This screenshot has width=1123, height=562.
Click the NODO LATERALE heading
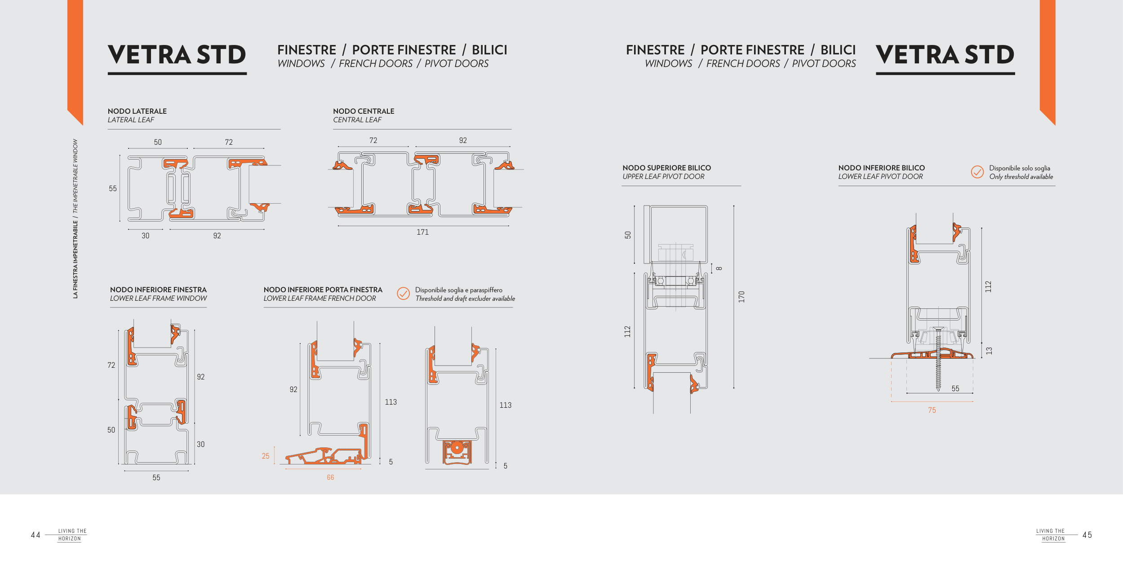[x=137, y=111]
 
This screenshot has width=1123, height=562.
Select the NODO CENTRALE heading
[x=364, y=111]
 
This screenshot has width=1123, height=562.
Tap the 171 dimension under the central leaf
[x=422, y=232]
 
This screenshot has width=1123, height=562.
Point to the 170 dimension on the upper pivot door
[x=741, y=297]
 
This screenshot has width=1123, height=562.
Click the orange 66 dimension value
[x=330, y=477]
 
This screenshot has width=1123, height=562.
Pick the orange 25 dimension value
[x=266, y=456]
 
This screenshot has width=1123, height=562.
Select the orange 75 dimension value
[x=932, y=410]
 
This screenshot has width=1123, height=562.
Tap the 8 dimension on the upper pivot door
[x=719, y=268]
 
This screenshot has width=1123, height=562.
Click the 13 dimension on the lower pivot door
[x=989, y=351]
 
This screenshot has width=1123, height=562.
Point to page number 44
[x=36, y=535]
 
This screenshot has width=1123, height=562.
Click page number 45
[x=1087, y=535]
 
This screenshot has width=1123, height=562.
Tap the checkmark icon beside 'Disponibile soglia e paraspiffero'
[x=403, y=294]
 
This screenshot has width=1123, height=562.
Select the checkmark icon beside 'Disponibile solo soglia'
[x=977, y=172]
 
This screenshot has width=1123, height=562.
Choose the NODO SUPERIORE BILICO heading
[x=666, y=168]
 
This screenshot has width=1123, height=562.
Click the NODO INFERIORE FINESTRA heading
[x=158, y=290]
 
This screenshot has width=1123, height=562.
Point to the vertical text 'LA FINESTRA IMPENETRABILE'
[x=75, y=259]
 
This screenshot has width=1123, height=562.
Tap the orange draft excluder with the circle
[x=457, y=452]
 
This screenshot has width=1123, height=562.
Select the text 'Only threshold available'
[x=1021, y=177]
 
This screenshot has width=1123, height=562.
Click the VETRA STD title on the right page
[x=945, y=55]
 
